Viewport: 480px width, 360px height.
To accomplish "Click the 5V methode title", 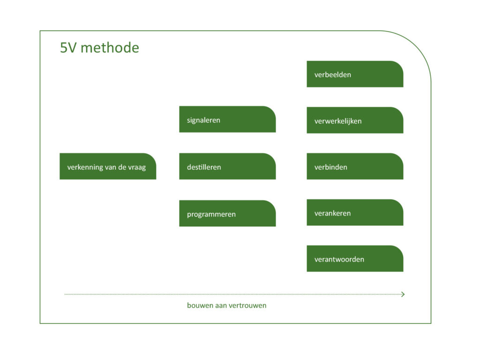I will click(x=99, y=48).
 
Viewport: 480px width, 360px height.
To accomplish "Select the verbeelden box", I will click(x=355, y=74).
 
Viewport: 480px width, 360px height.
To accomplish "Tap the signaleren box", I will click(x=227, y=120).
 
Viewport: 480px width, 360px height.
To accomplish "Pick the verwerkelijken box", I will click(x=355, y=120).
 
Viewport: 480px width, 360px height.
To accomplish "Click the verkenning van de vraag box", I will click(x=107, y=166).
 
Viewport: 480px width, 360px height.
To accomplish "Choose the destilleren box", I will click(x=227, y=166).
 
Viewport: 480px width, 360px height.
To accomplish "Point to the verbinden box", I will click(x=355, y=166).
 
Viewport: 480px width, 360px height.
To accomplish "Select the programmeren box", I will click(x=227, y=214).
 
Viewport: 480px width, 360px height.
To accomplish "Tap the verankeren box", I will click(x=355, y=213).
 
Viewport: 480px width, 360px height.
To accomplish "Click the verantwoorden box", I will click(x=355, y=259).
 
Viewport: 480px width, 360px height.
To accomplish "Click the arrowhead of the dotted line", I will click(x=403, y=294).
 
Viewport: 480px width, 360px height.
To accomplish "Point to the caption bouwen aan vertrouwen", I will click(x=226, y=306).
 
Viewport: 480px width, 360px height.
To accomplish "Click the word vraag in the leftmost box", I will click(x=136, y=167).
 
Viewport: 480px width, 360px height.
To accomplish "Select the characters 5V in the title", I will click(x=68, y=48).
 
